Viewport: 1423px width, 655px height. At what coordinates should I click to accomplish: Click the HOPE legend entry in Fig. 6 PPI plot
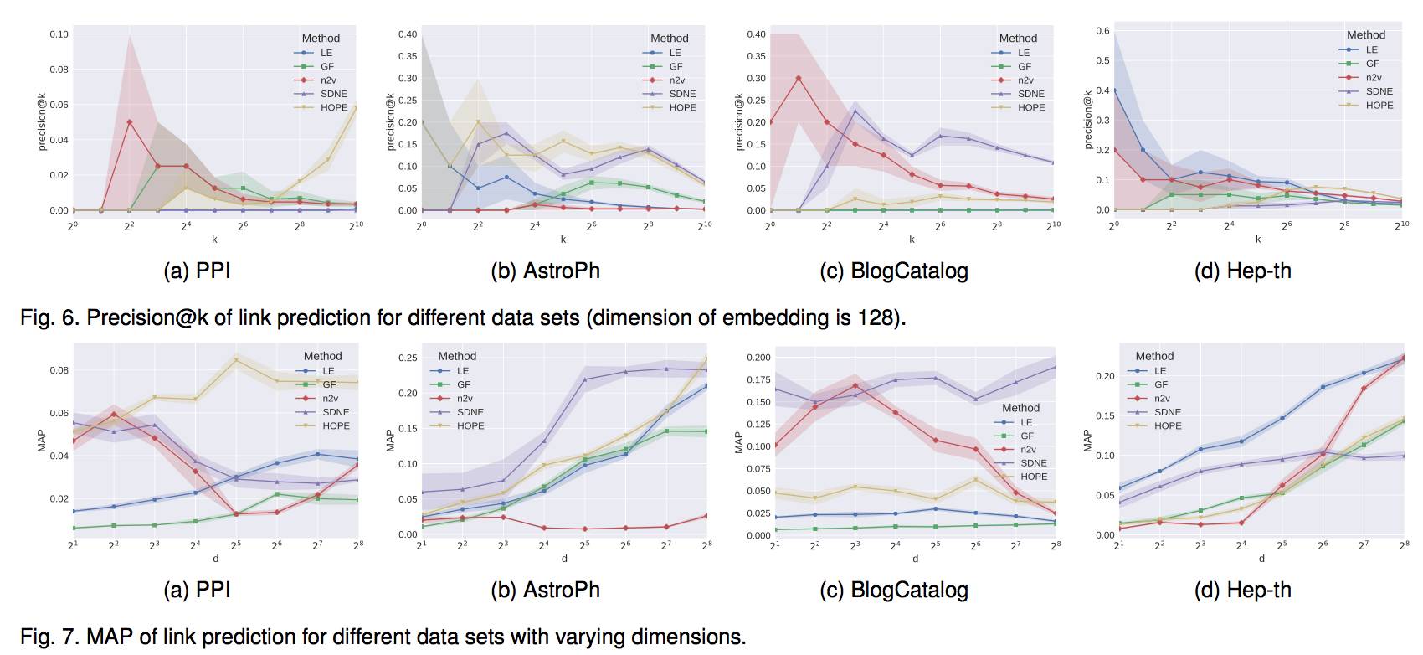coord(333,107)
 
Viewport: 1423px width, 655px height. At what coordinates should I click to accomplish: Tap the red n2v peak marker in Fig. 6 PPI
coord(129,122)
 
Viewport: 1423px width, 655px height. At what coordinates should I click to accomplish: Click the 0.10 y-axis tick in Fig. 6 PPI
coord(59,34)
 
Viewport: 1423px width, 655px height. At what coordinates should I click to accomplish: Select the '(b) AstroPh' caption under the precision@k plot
coord(545,271)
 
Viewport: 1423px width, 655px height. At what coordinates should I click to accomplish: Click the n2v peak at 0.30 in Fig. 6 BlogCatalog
coord(799,78)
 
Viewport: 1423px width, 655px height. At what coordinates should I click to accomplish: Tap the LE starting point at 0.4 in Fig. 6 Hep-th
coord(1114,90)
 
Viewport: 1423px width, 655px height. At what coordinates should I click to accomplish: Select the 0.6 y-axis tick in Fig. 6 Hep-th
coord(1102,31)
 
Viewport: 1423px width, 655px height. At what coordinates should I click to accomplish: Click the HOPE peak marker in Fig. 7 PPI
coord(236,360)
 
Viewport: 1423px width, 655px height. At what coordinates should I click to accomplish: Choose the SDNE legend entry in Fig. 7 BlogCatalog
coord(1033,463)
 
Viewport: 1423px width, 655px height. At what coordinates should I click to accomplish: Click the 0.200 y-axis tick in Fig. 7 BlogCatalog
coord(758,358)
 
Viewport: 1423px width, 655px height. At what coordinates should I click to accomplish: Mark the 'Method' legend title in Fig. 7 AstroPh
coord(457,356)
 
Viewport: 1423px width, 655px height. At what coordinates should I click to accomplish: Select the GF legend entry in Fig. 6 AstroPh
coord(675,66)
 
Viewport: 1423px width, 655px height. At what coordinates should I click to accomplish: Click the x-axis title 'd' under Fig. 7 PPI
coord(215,559)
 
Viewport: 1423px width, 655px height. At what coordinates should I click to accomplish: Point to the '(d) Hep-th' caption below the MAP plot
coord(1242,590)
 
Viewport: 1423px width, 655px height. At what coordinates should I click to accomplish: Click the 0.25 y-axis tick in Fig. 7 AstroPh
coord(407,358)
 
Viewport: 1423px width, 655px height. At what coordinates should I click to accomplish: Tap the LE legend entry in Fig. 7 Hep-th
coord(1159,370)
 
